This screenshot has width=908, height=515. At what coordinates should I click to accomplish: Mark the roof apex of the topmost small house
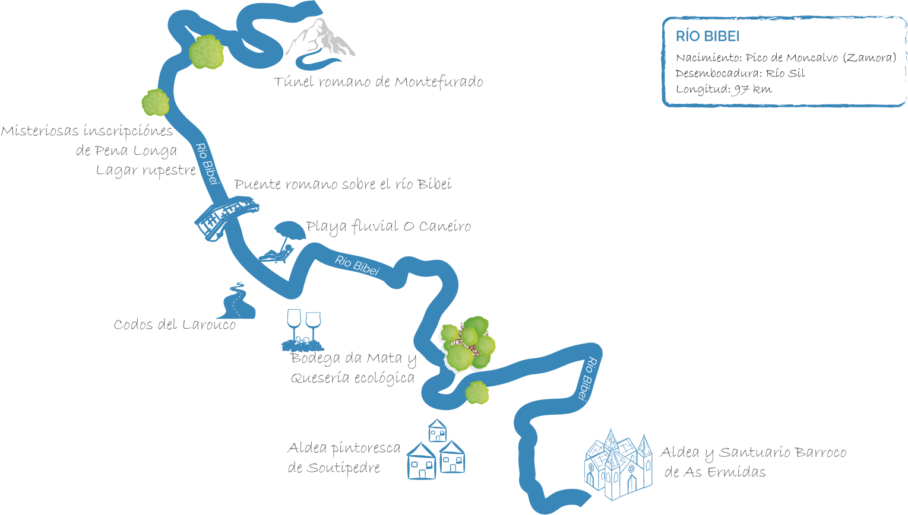(x=437, y=419)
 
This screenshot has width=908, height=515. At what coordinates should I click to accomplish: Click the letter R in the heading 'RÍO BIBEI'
(x=680, y=36)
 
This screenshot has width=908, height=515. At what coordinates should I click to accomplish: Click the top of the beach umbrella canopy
(x=289, y=222)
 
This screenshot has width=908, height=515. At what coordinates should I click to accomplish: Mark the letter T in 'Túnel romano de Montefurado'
(x=279, y=81)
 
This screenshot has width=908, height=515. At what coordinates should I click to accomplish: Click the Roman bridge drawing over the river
(x=226, y=218)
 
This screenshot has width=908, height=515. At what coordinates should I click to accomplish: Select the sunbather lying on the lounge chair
(x=277, y=253)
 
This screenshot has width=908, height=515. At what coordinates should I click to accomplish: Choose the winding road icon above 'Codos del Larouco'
(x=238, y=301)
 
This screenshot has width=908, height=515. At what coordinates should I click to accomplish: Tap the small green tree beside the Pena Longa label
(x=156, y=103)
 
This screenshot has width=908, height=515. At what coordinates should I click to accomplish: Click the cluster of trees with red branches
(x=468, y=344)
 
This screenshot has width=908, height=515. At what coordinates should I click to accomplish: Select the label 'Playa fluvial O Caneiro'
(x=388, y=227)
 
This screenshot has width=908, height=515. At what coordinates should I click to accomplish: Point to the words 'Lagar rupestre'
(x=146, y=170)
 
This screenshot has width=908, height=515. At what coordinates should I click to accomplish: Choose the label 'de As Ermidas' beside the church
(x=715, y=472)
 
